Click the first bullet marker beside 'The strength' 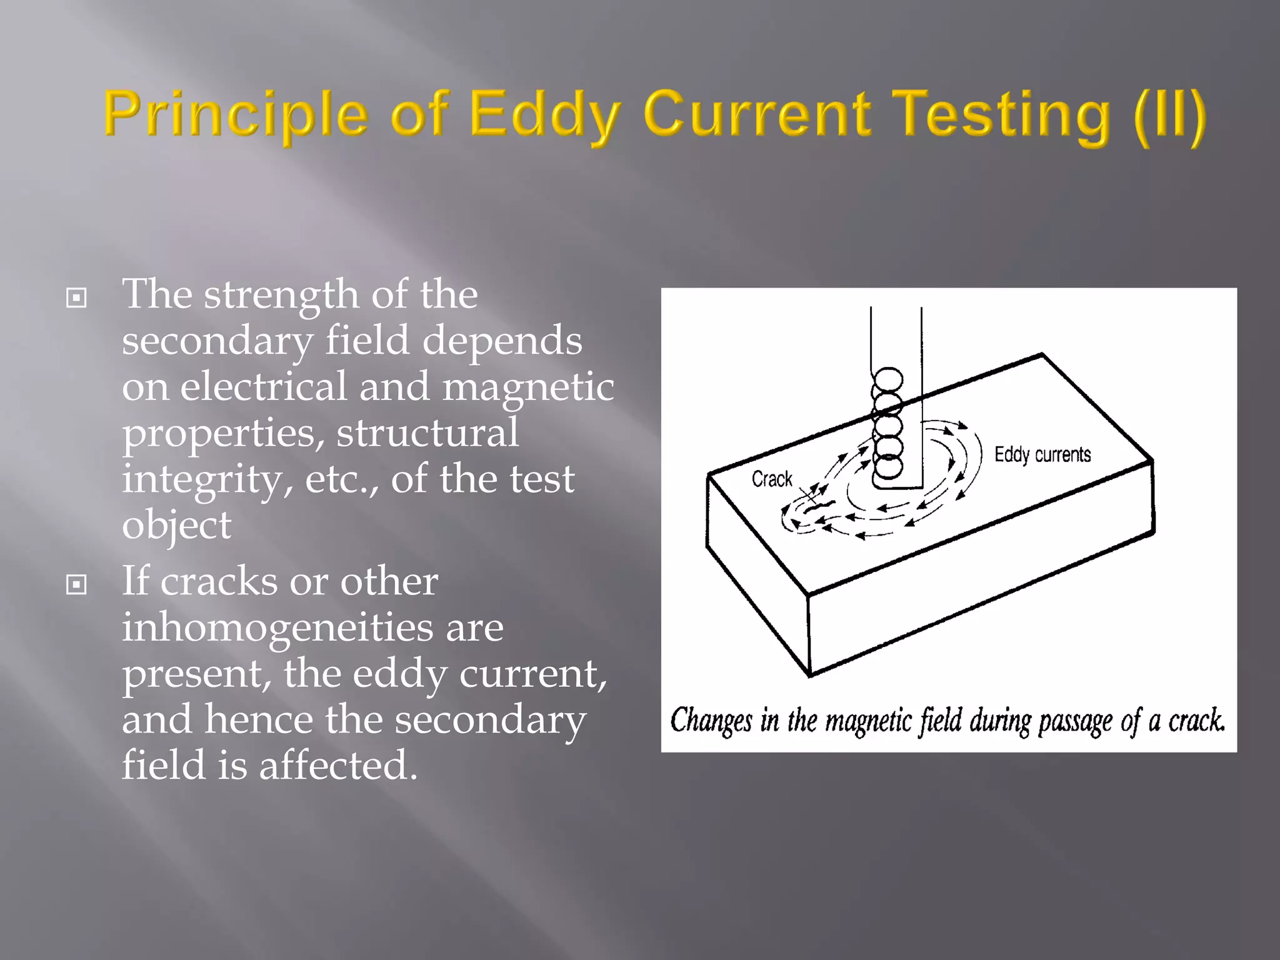[76, 298]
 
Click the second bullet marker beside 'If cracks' [76, 585]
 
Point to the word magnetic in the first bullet [528, 387]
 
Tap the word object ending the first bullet [176, 525]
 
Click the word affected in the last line [337, 766]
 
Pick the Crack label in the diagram [772, 479]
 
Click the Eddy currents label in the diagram [1042, 454]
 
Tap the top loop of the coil [888, 379]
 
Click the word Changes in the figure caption [711, 721]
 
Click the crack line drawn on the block [819, 506]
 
